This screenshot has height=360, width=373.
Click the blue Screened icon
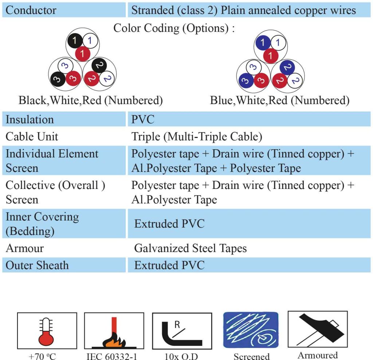[x=251, y=330]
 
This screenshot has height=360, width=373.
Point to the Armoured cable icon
[x=318, y=329]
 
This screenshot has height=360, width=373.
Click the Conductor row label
[x=31, y=10]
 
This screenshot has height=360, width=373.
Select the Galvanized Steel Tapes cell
[x=190, y=248]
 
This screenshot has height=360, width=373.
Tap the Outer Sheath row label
[x=37, y=265]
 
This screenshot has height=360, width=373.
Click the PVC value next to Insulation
[x=143, y=119]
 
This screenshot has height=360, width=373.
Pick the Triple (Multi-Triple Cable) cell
[x=197, y=137]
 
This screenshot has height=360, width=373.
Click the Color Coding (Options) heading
[x=174, y=28]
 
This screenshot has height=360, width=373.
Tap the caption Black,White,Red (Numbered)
[x=91, y=100]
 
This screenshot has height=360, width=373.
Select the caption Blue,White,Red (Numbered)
[x=279, y=100]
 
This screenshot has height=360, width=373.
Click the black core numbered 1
[x=75, y=40]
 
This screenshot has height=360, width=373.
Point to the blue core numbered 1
[x=263, y=43]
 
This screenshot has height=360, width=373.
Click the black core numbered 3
[x=57, y=79]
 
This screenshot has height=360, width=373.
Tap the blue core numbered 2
[x=287, y=68]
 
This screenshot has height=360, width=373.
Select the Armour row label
[x=25, y=248]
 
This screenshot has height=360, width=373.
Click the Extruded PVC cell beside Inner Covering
[x=169, y=224]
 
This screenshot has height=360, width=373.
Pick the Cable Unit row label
[x=32, y=137]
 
